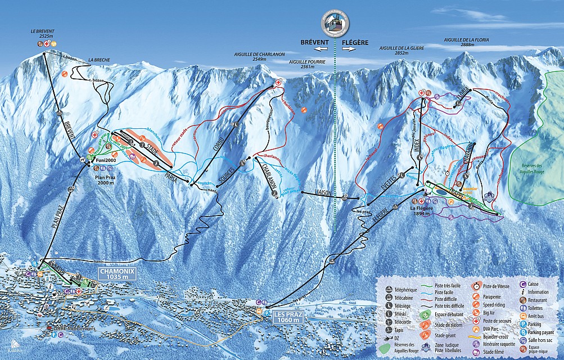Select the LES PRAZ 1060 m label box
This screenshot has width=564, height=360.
pyautogui.click(x=291, y=318)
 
